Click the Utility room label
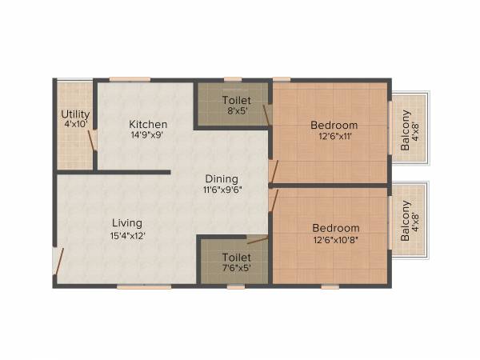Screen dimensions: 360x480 pos(75,114)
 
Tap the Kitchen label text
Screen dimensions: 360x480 pos(149,124)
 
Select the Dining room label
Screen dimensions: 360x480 pos(222,178)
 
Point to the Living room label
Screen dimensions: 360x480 pos(126,222)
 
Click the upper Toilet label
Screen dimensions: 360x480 pos(236,100)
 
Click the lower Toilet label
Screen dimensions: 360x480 pos(236,257)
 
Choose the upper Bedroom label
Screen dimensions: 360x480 pos(334,126)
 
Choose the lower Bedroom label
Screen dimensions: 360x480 pos(335,228)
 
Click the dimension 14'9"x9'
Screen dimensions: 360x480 pos(149,136)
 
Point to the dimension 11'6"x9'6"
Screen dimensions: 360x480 pos(222,190)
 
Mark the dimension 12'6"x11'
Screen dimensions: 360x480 pos(334,137)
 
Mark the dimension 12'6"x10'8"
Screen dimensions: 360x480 pos(335,239)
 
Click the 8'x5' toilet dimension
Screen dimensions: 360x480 pos(236,111)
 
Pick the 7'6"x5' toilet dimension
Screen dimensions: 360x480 pos(236,268)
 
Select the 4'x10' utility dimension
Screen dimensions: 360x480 pos(75,125)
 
